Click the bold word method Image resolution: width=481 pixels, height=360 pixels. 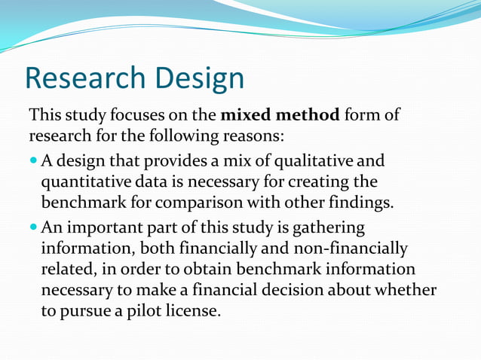tap(305, 116)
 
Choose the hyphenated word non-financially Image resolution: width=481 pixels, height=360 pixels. tap(344, 248)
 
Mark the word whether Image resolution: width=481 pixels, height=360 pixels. tap(403, 290)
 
